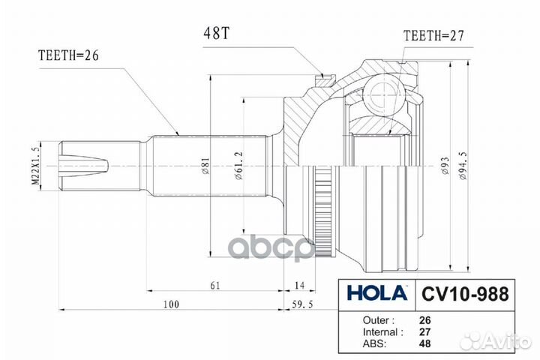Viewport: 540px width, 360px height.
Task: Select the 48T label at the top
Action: (x=216, y=34)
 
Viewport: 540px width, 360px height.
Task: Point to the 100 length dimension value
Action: (x=172, y=304)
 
